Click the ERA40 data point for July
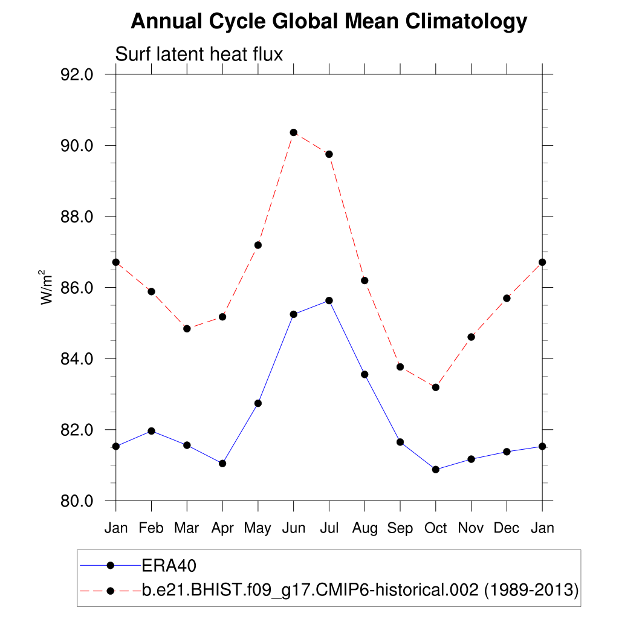(x=329, y=300)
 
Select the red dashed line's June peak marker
(x=293, y=132)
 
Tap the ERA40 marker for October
(x=435, y=469)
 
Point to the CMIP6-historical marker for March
(x=187, y=328)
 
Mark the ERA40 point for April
(x=222, y=463)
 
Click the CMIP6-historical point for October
(x=435, y=387)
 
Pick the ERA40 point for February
(x=151, y=431)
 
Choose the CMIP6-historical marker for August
(x=365, y=280)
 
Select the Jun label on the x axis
(x=293, y=528)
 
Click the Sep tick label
(x=400, y=528)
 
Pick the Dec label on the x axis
(x=507, y=528)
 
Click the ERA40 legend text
(x=170, y=566)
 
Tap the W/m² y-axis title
(x=48, y=288)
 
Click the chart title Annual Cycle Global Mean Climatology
(x=329, y=22)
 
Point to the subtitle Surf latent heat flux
(x=199, y=54)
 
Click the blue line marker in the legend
(x=110, y=565)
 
